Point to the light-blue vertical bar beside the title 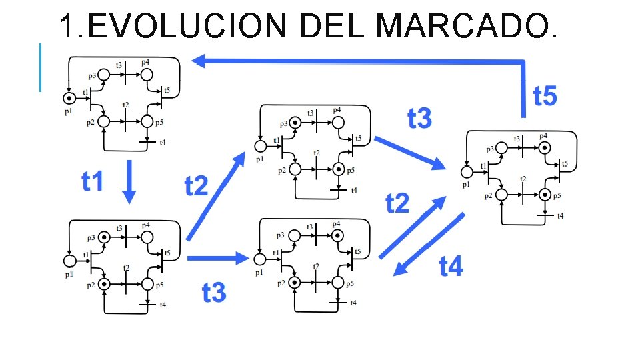click(x=40, y=67)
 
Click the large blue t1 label click(x=93, y=181)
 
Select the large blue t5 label click(x=545, y=97)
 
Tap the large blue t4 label click(x=451, y=267)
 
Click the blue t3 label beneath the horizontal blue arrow click(x=214, y=292)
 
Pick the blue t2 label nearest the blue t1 click(x=197, y=186)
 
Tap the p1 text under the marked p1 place click(x=68, y=112)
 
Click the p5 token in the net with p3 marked click(x=339, y=169)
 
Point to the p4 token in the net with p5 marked click(x=544, y=147)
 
